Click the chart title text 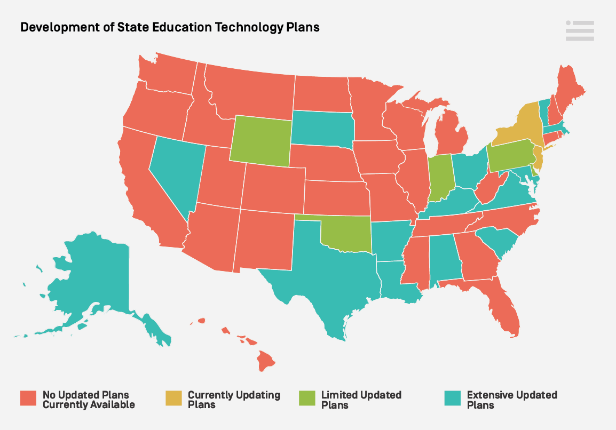(170, 27)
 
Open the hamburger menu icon (580, 31)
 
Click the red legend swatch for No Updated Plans (28, 400)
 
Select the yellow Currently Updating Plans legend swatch (173, 400)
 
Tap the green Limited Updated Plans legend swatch (307, 400)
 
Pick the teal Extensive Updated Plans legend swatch (453, 400)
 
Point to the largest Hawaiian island (265, 361)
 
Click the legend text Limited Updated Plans (361, 400)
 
